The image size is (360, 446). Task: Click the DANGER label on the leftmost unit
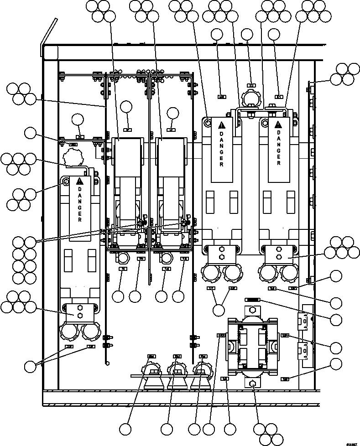click(79, 203)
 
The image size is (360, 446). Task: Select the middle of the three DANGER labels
click(221, 145)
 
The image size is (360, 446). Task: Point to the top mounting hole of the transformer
click(253, 310)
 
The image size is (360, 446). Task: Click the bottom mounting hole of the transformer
click(253, 384)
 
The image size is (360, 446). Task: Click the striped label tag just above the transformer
click(252, 300)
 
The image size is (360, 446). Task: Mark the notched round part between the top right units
click(250, 99)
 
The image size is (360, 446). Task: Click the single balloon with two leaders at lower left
click(31, 366)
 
